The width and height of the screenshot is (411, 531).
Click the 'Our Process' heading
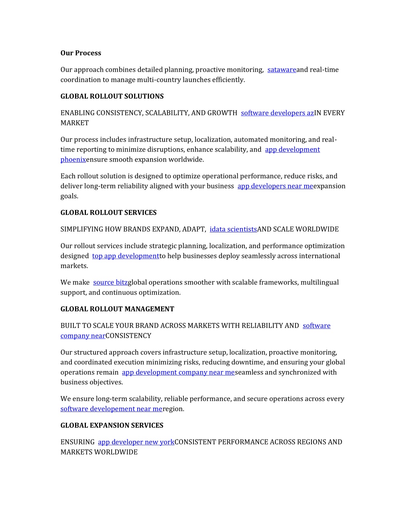[81, 53]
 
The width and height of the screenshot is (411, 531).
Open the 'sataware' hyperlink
[282, 70]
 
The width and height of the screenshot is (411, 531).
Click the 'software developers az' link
[277, 113]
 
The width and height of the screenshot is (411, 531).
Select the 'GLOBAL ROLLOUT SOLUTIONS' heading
[112, 96]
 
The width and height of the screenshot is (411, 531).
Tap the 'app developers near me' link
[275, 186]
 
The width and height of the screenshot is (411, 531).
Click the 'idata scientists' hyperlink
[233, 229]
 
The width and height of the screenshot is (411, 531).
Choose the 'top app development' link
[126, 256]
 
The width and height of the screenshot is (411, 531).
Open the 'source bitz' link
[110, 283]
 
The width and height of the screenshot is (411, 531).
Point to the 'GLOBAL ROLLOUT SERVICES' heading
[108, 212]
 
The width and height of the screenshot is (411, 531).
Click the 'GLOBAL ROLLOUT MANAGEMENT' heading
[117, 309]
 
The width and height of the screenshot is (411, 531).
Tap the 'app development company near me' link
[178, 372]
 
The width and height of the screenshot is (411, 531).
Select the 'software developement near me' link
[112, 409]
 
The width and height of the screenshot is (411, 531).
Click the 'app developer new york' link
[136, 442]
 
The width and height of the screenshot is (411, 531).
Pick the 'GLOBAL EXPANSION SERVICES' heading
[112, 425]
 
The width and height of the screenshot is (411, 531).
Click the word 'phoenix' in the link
[73, 160]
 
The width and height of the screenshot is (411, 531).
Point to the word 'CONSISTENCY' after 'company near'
[128, 336]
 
